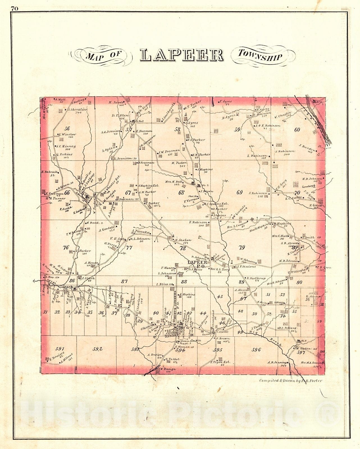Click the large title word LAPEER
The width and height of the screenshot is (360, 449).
click(182, 55)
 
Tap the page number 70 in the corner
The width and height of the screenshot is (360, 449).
click(15, 8)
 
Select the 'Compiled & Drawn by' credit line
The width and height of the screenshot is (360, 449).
click(290, 381)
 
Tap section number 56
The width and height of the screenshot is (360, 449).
click(67, 129)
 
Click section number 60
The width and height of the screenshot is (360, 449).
click(297, 130)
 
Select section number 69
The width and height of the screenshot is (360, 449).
click(240, 192)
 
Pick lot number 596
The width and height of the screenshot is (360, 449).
click(256, 350)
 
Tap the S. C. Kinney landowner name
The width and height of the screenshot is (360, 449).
click(65, 146)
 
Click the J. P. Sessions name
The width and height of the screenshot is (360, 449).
click(246, 267)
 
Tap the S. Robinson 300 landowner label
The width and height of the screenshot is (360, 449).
click(285, 151)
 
